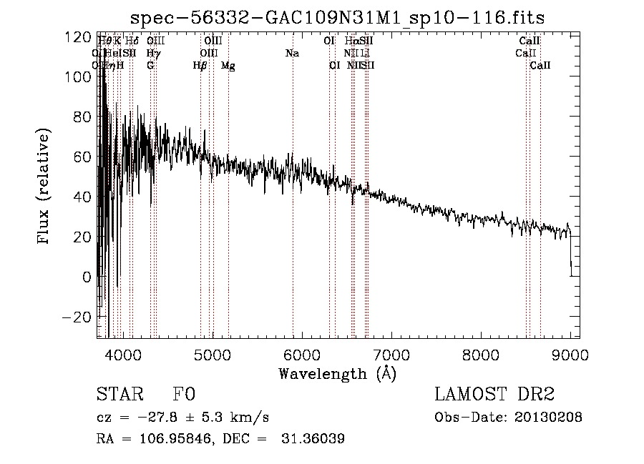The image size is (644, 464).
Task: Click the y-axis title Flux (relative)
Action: tap(44, 186)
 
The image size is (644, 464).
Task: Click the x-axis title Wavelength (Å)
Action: tap(337, 373)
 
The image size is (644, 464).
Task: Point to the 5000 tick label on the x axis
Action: tap(212, 354)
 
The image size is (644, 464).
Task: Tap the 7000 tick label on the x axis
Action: tap(391, 354)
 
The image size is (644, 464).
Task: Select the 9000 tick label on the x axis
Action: tap(570, 354)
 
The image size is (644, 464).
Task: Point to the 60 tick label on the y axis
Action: tap(82, 157)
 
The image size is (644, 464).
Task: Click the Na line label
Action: tap(292, 54)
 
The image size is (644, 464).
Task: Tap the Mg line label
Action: tap(228, 66)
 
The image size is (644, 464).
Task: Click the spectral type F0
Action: tap(184, 395)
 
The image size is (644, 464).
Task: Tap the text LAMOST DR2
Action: tap(494, 395)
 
